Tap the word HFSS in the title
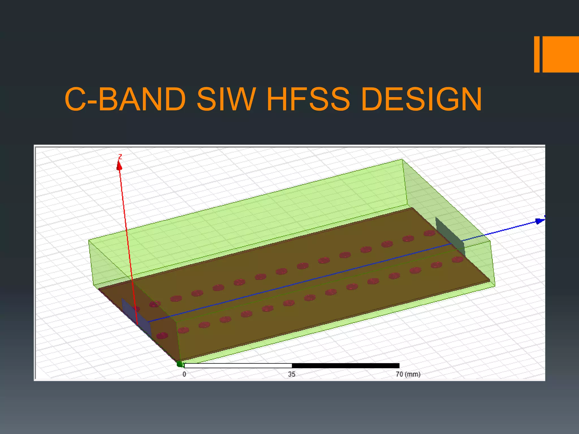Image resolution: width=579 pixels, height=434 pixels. coord(308,99)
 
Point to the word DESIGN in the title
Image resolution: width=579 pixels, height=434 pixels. coord(421,99)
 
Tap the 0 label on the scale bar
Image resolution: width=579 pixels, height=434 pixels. coord(184,374)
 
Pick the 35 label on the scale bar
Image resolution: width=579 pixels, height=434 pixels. coord(292,374)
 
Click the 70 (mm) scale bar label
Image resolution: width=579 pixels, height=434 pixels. coord(408,374)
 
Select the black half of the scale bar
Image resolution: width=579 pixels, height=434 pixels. coord(345,366)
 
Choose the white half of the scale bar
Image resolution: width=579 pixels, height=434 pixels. coord(238,366)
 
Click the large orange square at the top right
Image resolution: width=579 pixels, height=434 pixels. coord(561,54)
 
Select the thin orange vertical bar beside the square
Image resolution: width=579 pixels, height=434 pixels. coord(537,54)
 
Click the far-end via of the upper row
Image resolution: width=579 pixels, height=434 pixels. coord(429,233)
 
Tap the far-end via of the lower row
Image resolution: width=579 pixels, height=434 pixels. coord(457,259)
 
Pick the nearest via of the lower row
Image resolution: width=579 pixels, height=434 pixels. coord(162,336)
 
